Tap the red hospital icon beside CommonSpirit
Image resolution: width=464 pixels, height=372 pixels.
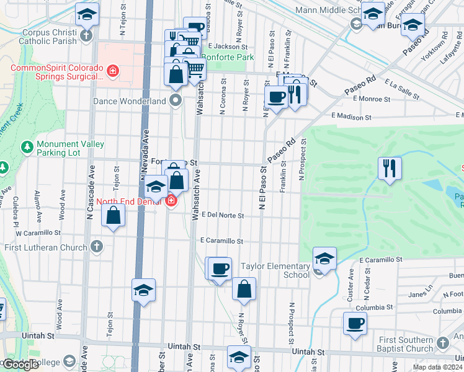(112, 71)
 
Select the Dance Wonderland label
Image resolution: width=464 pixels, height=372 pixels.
(130, 100)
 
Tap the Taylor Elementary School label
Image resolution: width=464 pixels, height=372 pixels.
(279, 270)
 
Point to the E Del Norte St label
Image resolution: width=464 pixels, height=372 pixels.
(221, 215)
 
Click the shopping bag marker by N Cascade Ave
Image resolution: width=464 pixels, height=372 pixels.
(114, 215)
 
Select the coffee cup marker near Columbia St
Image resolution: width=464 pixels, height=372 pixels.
(355, 323)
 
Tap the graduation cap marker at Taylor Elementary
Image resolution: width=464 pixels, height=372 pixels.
(324, 258)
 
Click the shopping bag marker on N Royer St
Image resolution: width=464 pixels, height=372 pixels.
(244, 289)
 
